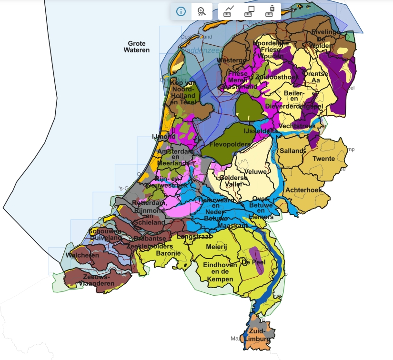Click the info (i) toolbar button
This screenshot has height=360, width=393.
pyautogui.click(x=181, y=11)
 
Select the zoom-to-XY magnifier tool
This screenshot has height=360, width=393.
pyautogui.click(x=202, y=11)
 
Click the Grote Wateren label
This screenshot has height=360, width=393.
pyautogui.click(x=137, y=47)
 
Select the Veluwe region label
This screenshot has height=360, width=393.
pyautogui.click(x=254, y=171)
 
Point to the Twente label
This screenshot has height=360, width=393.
pyautogui.click(x=323, y=159)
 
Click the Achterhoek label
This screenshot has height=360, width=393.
pyautogui.click(x=303, y=190)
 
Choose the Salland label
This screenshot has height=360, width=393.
pyautogui.click(x=292, y=151)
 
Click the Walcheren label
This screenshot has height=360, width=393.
pyautogui.click(x=83, y=255)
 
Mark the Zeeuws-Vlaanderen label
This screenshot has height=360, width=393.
pyautogui.click(x=98, y=280)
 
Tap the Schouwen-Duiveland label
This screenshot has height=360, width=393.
pyautogui.click(x=104, y=235)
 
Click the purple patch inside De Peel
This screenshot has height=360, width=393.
pyautogui.click(x=257, y=260)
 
